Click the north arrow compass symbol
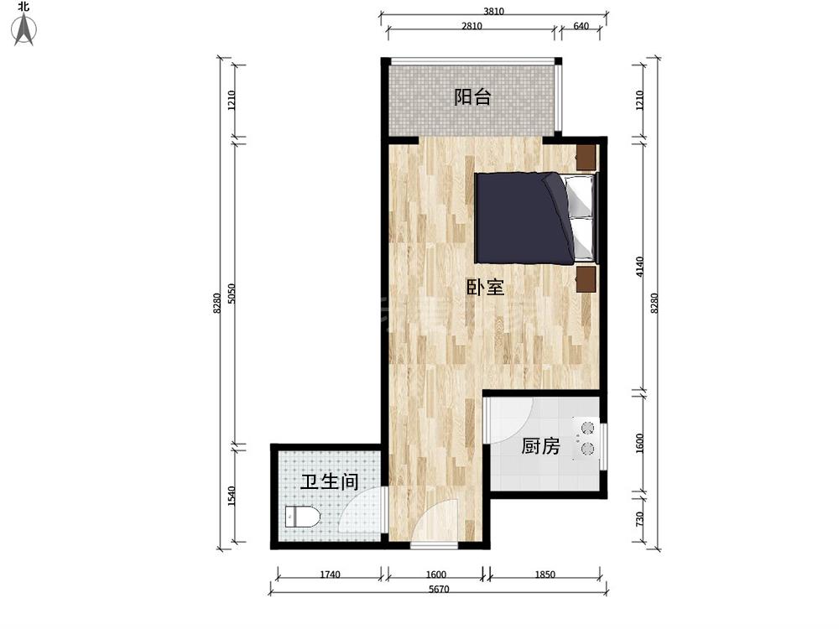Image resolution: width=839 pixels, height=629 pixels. pyautogui.click(x=24, y=27)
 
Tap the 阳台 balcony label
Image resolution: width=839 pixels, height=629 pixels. pyautogui.click(x=472, y=96)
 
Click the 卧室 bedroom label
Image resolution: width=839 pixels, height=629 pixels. pyautogui.click(x=485, y=287)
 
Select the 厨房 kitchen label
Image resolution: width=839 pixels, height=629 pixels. pyautogui.click(x=540, y=445)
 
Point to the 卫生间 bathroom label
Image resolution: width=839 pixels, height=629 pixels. pyautogui.click(x=329, y=481)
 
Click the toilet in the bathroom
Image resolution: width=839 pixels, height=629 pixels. pyautogui.click(x=302, y=517)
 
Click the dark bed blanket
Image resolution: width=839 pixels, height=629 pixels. pyautogui.click(x=521, y=218)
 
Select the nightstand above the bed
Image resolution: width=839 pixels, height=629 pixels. pyautogui.click(x=586, y=158)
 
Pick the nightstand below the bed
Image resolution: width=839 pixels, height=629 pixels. pyautogui.click(x=586, y=279)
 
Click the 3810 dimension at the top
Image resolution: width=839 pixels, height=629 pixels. pyautogui.click(x=493, y=11)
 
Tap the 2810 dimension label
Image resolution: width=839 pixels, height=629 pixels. pyautogui.click(x=472, y=26)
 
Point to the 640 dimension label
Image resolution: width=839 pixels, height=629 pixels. pyautogui.click(x=581, y=26)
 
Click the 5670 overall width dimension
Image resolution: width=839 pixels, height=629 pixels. pyautogui.click(x=439, y=589)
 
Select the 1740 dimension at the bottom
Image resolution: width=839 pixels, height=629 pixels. pyautogui.click(x=330, y=574)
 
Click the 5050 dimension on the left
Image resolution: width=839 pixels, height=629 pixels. pyautogui.click(x=232, y=293)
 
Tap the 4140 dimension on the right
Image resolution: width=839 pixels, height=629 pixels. pyautogui.click(x=640, y=267)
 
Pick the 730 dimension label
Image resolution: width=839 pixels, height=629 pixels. pyautogui.click(x=640, y=519)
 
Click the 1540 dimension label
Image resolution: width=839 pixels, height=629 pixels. pyautogui.click(x=232, y=496)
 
